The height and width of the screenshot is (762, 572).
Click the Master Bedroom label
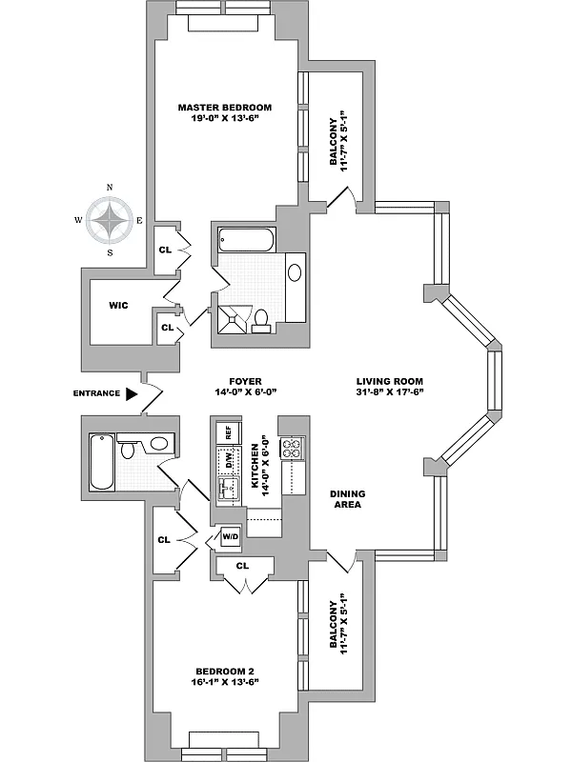tap(225, 107)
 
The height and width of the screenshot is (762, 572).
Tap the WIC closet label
tap(119, 305)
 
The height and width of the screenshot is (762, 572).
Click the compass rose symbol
tap(112, 220)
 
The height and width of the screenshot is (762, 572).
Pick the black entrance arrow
tap(133, 392)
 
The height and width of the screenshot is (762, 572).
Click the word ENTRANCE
tap(95, 393)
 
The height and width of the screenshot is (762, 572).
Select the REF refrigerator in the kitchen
tap(228, 431)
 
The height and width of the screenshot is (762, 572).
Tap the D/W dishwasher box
tap(228, 460)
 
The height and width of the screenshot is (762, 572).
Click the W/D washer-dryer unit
tap(230, 536)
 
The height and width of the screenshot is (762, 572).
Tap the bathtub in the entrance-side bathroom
tap(102, 462)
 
